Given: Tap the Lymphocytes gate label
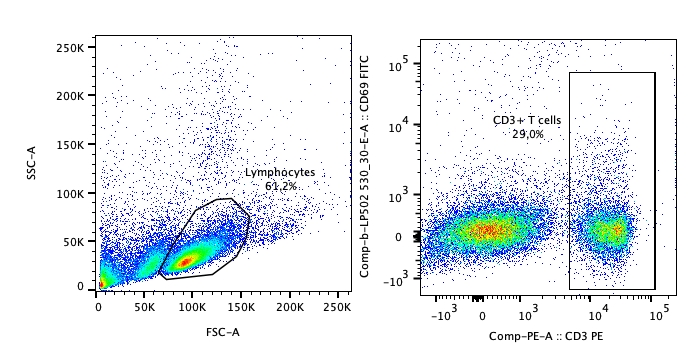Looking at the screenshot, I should [x=280, y=173].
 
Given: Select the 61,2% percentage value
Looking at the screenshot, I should [x=281, y=186].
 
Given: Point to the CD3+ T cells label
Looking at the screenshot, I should [x=527, y=120].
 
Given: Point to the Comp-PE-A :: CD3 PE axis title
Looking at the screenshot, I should [x=545, y=336].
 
